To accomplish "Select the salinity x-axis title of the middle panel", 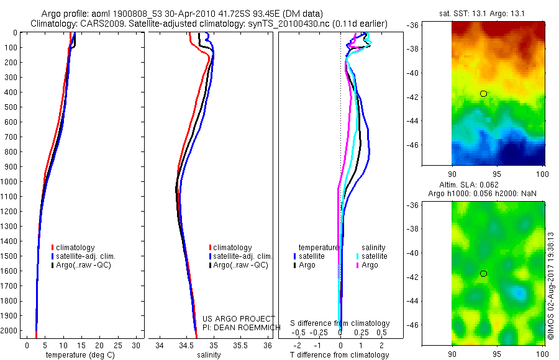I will coord(208,355).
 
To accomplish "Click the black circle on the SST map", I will coord(483,94).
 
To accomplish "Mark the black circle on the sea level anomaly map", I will coord(483,274).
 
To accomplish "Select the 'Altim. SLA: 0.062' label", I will coord(498,186).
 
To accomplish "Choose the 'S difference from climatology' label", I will coord(340,323).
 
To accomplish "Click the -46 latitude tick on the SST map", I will coord(444,145).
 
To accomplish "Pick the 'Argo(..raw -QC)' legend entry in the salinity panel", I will coord(240,265).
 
